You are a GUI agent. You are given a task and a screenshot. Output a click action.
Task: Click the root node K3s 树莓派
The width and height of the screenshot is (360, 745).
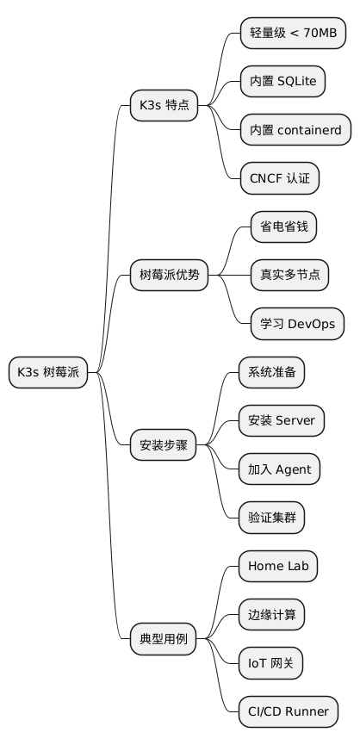tap(48, 372)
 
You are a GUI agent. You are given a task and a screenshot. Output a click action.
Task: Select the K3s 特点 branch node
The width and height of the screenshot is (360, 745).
tap(164, 106)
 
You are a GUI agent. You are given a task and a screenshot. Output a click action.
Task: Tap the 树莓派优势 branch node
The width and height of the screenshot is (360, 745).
tap(170, 275)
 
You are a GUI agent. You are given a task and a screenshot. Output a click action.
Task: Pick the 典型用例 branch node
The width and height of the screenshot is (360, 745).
tap(164, 640)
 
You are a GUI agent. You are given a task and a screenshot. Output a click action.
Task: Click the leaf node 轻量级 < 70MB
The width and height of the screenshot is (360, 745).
tap(293, 33)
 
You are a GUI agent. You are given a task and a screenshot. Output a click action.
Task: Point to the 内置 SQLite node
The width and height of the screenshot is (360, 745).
tap(282, 81)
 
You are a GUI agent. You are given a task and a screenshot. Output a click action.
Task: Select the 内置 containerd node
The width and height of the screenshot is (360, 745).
tap(295, 130)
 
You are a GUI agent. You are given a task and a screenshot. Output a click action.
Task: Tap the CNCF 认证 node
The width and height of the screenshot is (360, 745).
tap(279, 178)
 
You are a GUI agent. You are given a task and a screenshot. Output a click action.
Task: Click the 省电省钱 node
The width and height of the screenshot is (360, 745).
tap(276, 227)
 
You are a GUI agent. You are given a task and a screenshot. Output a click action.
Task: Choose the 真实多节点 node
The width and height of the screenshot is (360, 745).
tap(282, 275)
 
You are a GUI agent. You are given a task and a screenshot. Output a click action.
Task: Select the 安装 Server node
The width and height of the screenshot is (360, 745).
tap(282, 421)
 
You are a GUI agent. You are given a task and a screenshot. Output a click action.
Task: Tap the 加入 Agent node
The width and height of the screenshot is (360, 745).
tap(280, 469)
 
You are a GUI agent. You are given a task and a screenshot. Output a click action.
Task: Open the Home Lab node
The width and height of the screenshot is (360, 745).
tap(277, 567)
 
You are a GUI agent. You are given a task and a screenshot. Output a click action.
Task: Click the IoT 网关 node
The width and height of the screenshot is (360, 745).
tap(270, 664)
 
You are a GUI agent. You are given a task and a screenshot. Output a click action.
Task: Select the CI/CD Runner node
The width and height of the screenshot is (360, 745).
tap(288, 712)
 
